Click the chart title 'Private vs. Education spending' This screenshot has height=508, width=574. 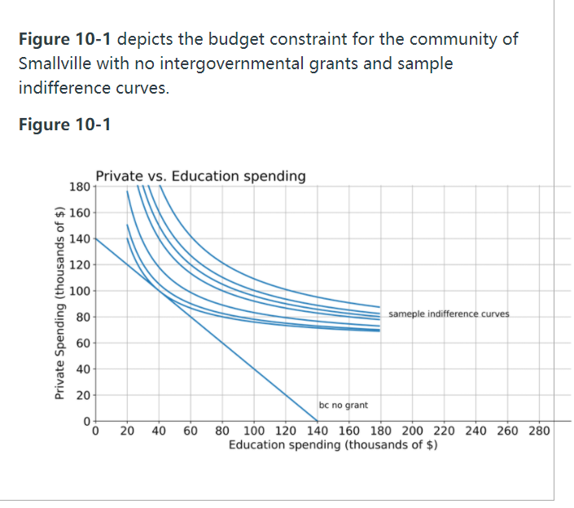pos(200,176)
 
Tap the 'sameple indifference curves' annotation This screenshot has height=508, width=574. pos(449,313)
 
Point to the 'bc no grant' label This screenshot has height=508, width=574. pos(343,405)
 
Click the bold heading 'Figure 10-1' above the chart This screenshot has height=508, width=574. pos(64,125)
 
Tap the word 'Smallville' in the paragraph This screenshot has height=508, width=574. pos(54,63)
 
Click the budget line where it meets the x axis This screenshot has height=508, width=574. pos(317,421)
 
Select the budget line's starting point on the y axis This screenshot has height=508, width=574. pos(96,238)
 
